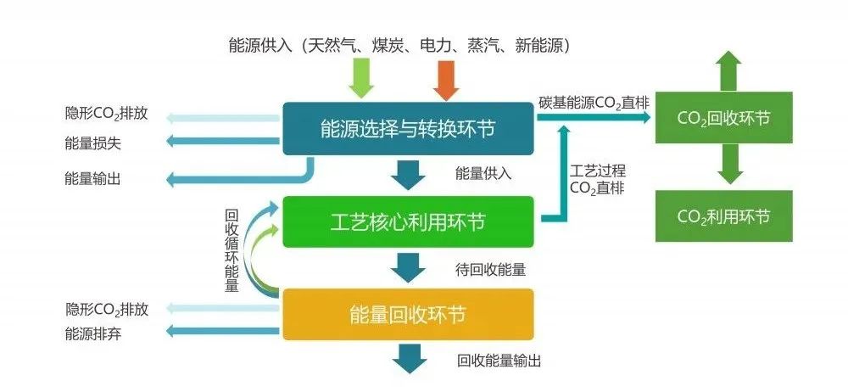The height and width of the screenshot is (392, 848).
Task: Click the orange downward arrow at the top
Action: coord(445,80)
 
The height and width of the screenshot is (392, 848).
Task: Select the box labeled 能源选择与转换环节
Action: coord(408,128)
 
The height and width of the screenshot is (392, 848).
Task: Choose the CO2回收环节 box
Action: coord(723,117)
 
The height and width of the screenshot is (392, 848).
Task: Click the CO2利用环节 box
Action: coord(723,216)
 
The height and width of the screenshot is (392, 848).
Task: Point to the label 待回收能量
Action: coord(490,271)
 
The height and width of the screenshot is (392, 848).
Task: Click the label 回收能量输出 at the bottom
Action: coord(498,361)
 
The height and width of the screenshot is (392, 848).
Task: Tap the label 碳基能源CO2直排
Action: coord(594,103)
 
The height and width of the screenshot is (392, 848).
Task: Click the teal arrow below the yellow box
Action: coord(410,357)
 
